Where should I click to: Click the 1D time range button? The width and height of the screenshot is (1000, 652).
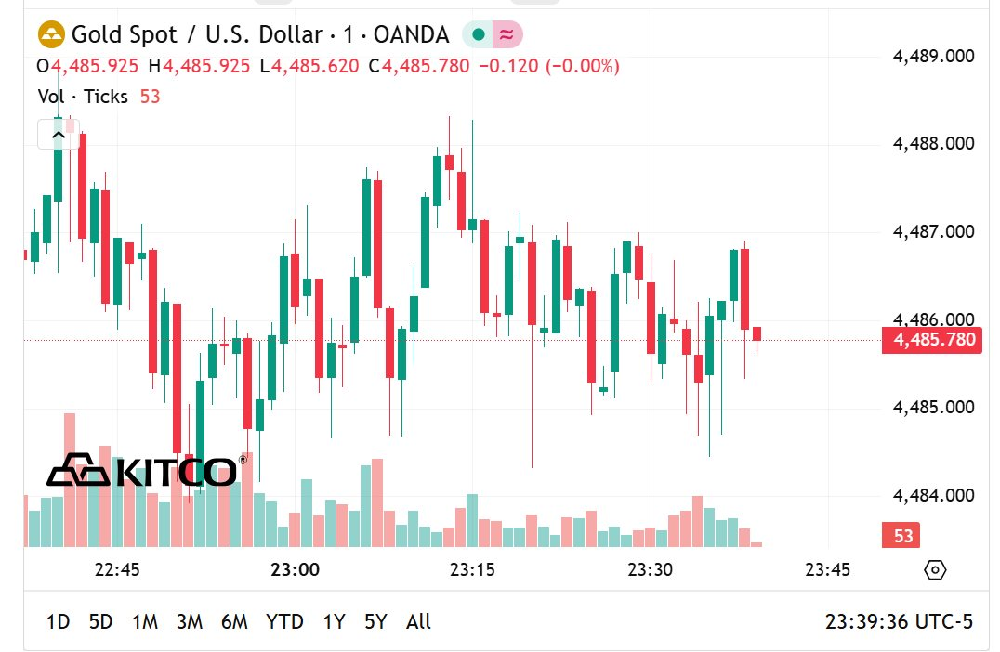(58, 621)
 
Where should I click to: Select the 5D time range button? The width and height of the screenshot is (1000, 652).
(100, 621)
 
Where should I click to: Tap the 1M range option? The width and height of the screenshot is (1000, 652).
(145, 621)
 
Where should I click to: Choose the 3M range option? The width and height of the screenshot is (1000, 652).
(190, 621)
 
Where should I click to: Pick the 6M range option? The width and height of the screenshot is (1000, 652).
(234, 621)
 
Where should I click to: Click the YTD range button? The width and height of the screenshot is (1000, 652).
(284, 621)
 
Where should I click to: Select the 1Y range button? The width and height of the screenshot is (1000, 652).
(334, 621)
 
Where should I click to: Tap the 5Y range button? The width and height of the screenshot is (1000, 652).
(375, 621)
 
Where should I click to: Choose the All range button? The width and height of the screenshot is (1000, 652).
(419, 621)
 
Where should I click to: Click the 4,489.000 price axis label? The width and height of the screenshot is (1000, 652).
(933, 56)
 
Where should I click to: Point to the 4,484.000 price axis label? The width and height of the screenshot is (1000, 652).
(933, 495)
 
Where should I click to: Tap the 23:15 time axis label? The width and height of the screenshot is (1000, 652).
(472, 569)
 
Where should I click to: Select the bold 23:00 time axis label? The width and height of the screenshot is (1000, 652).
(296, 569)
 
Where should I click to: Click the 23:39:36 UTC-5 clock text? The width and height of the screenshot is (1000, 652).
(899, 621)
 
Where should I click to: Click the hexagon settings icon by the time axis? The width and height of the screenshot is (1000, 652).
(936, 570)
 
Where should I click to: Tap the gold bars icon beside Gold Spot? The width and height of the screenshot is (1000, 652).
(51, 35)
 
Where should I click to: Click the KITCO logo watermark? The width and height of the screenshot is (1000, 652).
(144, 471)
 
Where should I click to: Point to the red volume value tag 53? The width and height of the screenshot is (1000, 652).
(903, 536)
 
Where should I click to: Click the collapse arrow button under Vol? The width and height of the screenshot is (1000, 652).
(58, 135)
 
